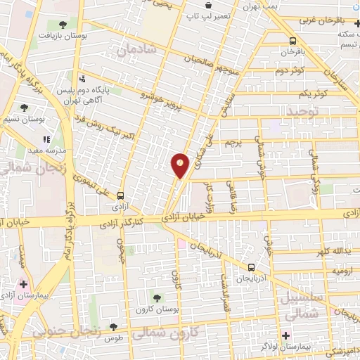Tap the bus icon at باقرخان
pyautogui.click(x=293, y=41)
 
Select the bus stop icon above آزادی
pyautogui.click(x=120, y=196)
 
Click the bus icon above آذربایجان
pyautogui.click(x=252, y=267)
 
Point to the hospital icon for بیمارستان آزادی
pyautogui.click(x=24, y=285)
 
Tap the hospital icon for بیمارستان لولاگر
pyautogui.click(x=286, y=335)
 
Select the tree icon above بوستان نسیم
pyautogui.click(x=25, y=108)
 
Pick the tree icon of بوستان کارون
pyautogui.click(x=157, y=298)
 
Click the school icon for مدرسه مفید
pyautogui.click(x=46, y=140)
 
